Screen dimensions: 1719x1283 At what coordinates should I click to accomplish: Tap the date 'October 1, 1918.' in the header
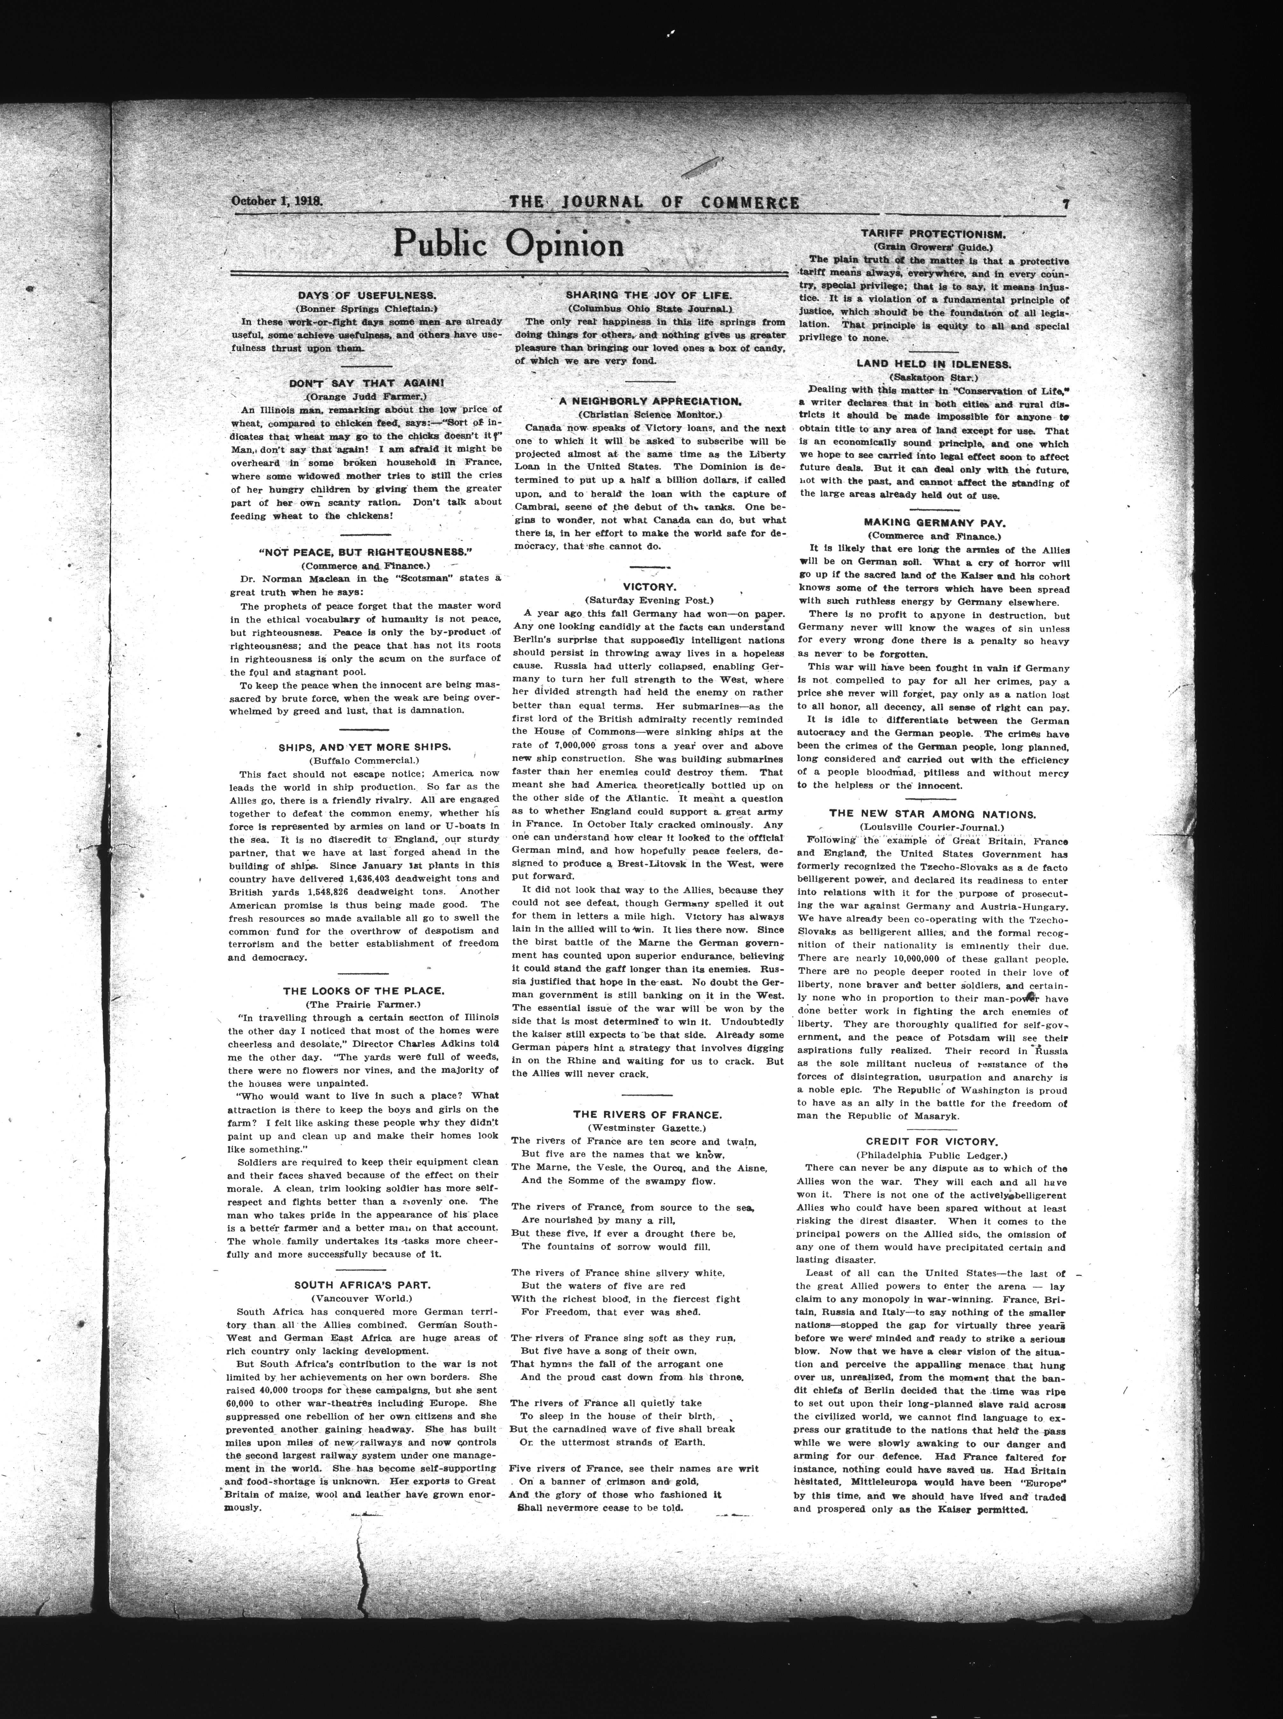point(277,201)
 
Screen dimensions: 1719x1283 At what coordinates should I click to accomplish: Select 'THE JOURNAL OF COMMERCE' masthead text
point(654,203)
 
